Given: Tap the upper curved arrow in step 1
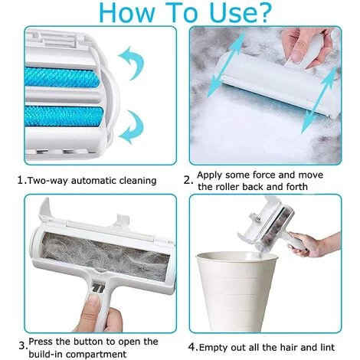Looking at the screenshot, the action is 133,62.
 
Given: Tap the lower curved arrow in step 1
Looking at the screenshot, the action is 133,127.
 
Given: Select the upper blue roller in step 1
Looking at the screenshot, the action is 62,77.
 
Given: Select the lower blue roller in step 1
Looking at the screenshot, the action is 64,116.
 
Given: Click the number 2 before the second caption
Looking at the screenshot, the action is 187,181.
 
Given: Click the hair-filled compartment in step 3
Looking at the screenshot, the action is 105,255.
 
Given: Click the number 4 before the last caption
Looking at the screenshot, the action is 191,347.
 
